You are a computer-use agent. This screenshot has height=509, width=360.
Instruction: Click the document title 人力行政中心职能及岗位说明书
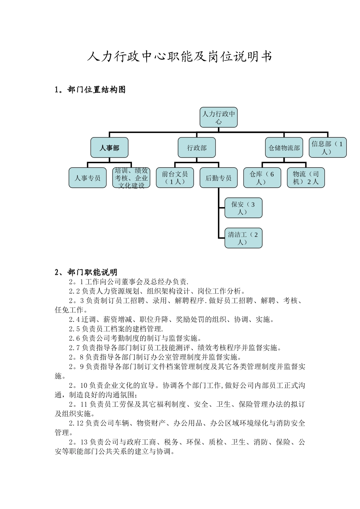(x=180, y=57)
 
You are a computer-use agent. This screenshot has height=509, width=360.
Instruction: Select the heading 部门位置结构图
(x=96, y=90)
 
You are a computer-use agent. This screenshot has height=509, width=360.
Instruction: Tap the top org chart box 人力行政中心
(x=219, y=117)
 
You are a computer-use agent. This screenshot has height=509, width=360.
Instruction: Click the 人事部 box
(x=110, y=148)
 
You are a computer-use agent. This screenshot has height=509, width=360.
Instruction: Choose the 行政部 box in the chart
(x=197, y=148)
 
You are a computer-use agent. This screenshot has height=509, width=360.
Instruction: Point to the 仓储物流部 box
(x=284, y=148)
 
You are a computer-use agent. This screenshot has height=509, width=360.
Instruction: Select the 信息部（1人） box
(x=327, y=148)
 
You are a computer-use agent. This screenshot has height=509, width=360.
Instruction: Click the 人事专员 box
(x=88, y=178)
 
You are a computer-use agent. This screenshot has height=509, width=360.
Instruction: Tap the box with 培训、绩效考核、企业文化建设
(x=131, y=178)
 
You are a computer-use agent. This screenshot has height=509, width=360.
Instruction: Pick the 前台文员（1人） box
(x=175, y=178)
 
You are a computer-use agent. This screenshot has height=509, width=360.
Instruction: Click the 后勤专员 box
(x=219, y=178)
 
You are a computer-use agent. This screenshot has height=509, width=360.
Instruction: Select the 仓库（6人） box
(x=262, y=178)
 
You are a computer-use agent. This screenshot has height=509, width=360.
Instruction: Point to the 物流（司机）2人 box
(x=306, y=178)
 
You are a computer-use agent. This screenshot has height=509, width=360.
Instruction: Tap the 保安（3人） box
(x=243, y=208)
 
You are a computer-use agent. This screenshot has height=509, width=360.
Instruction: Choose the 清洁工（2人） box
(x=243, y=238)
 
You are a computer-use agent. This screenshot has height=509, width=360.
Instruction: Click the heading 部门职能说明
(x=92, y=272)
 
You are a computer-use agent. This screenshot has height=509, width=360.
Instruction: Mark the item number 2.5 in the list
(x=74, y=329)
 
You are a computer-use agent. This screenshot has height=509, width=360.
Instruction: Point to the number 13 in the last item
(x=84, y=442)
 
